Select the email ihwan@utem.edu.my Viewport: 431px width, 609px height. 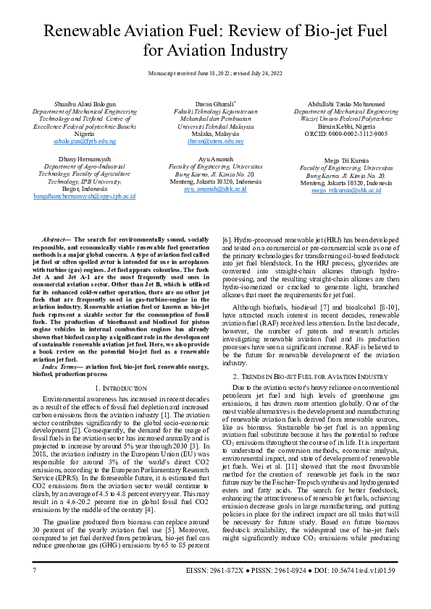(x=215, y=141)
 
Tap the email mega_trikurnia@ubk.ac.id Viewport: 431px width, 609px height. (x=346, y=190)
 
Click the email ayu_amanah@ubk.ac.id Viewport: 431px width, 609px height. (x=215, y=189)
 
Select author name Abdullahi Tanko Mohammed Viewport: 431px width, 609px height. (x=346, y=104)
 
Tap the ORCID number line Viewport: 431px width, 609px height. (x=346, y=134)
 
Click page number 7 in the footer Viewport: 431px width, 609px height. (x=34, y=591)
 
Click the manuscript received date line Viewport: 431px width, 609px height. (x=215, y=74)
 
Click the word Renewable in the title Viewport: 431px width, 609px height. (x=90, y=31)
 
